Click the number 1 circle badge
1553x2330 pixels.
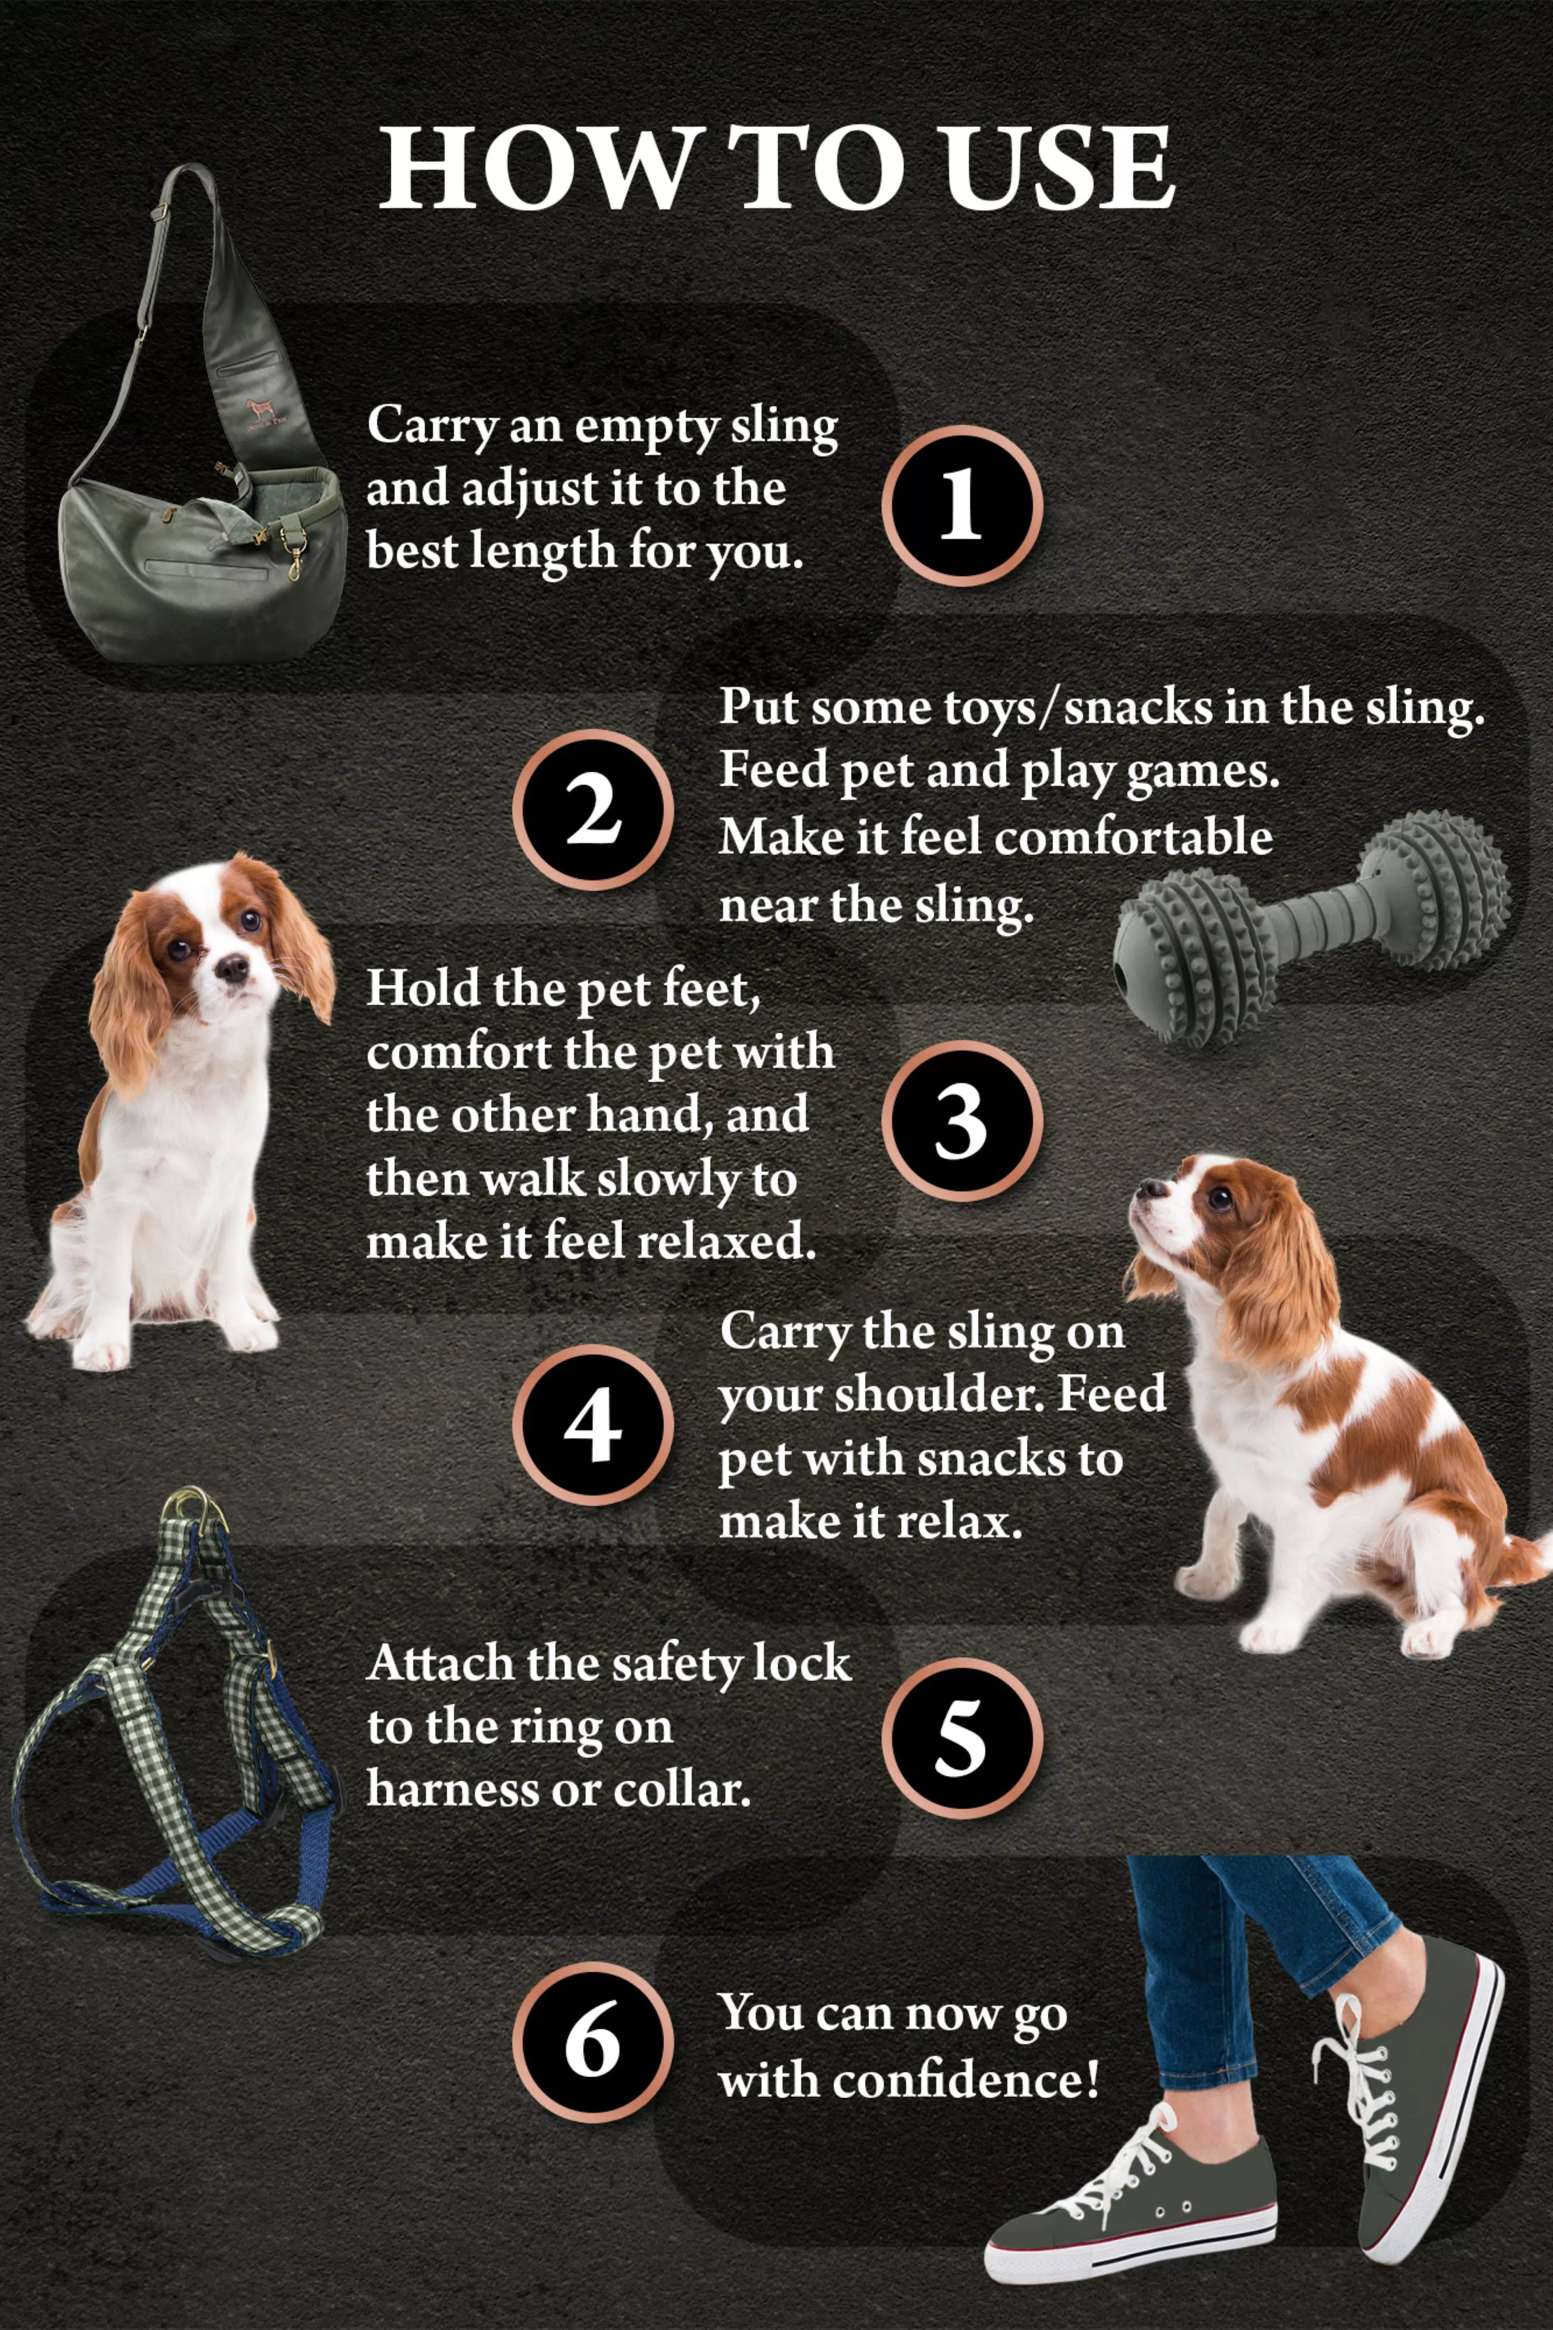click(x=961, y=505)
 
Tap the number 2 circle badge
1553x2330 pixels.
click(x=592, y=809)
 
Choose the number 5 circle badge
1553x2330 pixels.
click(x=961, y=1738)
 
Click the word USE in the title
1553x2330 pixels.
click(x=1058, y=168)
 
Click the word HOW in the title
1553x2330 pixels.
click(x=535, y=168)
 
